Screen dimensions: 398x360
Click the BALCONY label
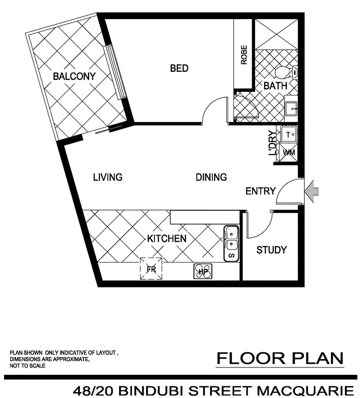click(74, 77)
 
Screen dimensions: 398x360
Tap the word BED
click(179, 68)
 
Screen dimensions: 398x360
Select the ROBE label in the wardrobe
click(244, 55)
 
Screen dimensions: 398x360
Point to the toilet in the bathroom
click(286, 72)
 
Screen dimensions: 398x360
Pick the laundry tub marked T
click(289, 135)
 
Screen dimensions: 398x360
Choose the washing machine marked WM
click(289, 152)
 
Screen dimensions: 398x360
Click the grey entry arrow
click(312, 191)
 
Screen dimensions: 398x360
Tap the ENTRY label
click(261, 191)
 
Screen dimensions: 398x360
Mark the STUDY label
click(272, 250)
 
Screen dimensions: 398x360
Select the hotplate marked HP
click(203, 272)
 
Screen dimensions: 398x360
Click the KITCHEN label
click(167, 238)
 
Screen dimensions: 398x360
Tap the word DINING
click(211, 177)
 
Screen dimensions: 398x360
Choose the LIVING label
click(108, 177)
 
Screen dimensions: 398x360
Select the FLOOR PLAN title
click(280, 358)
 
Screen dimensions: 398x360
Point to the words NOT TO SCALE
click(28, 366)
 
